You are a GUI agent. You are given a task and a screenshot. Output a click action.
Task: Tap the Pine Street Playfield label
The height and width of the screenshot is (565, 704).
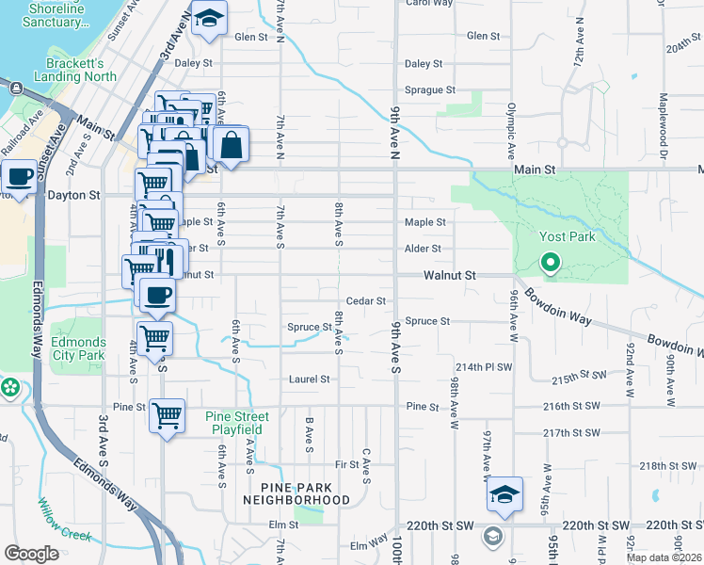(x=237, y=423)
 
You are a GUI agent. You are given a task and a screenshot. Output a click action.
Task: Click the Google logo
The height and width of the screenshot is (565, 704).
(x=31, y=554)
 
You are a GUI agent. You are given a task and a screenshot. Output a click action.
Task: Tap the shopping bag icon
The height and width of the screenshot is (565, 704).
(x=230, y=146)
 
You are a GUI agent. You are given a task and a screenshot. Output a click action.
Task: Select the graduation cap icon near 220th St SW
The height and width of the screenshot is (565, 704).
(x=504, y=493)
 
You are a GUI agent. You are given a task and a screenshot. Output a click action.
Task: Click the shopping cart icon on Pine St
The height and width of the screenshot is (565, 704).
(x=167, y=413)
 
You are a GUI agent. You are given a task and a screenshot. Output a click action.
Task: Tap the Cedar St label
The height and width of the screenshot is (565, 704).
(x=366, y=300)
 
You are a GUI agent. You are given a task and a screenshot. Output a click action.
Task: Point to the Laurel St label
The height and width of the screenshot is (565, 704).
(x=310, y=379)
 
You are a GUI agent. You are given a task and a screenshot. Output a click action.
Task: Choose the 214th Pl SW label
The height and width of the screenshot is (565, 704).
(x=483, y=366)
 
